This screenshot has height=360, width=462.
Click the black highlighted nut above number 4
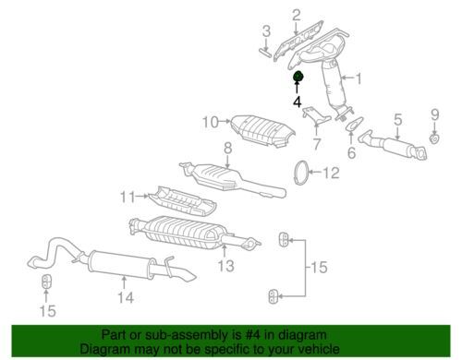click(298, 77)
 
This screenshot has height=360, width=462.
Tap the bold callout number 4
click(297, 102)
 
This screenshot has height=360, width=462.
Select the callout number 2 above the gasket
click(296, 15)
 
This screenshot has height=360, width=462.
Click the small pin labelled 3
click(264, 52)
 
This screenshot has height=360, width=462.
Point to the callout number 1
click(359, 78)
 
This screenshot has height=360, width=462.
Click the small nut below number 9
click(434, 138)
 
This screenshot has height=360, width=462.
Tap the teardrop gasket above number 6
click(355, 124)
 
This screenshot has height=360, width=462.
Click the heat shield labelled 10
click(262, 132)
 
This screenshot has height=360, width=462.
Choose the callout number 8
click(227, 149)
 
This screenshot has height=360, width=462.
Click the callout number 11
click(128, 197)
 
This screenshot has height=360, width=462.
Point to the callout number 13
click(226, 266)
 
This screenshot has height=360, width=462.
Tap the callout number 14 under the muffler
click(126, 297)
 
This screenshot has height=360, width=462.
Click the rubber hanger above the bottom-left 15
click(46, 282)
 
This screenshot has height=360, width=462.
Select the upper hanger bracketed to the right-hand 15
click(284, 240)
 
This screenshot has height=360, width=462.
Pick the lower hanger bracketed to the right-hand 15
click(274, 296)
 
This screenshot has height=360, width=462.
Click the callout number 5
click(398, 119)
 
